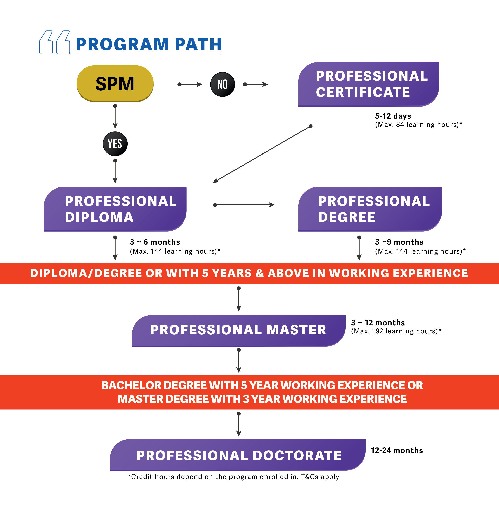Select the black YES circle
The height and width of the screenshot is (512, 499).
point(115,144)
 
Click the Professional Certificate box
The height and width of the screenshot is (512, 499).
point(368,84)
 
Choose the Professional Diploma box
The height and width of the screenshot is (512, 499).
point(115,209)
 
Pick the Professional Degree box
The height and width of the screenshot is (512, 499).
point(370,209)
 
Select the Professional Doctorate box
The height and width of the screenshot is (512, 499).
point(238,455)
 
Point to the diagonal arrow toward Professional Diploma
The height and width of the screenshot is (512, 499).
point(261,154)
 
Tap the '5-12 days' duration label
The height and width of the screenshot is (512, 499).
point(393,116)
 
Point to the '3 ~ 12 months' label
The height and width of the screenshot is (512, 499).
point(378,322)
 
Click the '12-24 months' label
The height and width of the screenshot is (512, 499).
point(397,450)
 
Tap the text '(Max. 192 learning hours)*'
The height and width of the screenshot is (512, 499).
point(396,331)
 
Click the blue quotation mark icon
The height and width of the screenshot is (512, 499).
point(55,42)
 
